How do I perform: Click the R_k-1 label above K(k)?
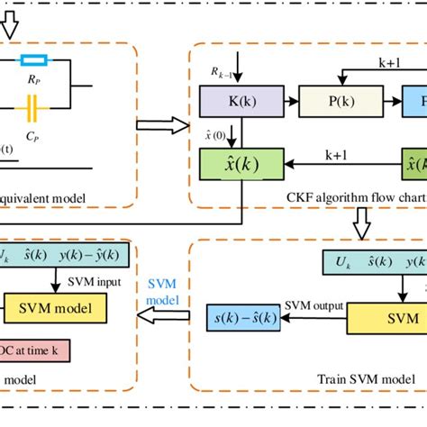click(x=223, y=73)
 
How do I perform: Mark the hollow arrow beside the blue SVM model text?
click(x=162, y=317)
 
